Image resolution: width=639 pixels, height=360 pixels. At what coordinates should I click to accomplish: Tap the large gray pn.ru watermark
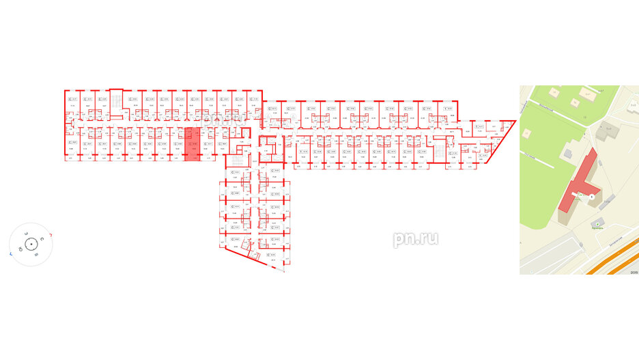click(x=415, y=239)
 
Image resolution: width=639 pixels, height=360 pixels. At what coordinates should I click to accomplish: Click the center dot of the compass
click(x=31, y=243)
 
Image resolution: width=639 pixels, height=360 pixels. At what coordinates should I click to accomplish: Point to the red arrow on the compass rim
click(x=53, y=234)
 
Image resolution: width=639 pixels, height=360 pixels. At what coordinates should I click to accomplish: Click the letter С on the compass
click(x=42, y=238)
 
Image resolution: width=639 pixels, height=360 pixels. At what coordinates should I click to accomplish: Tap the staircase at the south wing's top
click(x=234, y=161)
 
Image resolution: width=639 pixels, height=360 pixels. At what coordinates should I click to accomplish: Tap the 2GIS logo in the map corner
click(x=632, y=271)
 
